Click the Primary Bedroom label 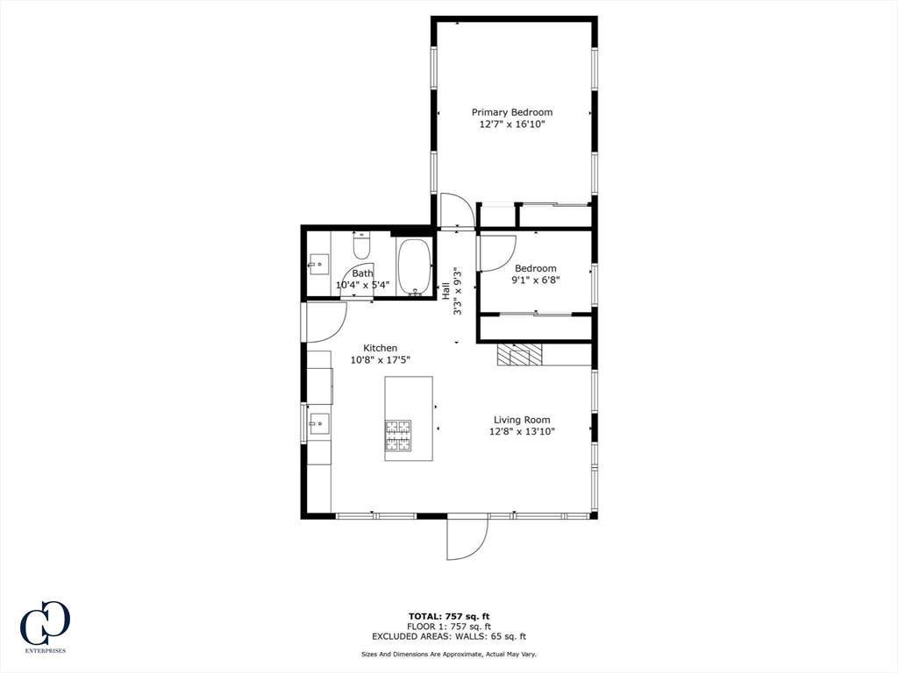coord(512,112)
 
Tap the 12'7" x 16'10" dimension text coord(512,124)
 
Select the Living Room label coord(522,420)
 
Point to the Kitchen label coord(381,348)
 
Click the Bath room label coord(362,273)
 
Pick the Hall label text coord(445,291)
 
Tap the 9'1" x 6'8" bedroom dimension coord(536,280)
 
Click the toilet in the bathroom coord(361,245)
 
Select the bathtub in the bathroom coord(415,266)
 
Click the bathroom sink coord(319,265)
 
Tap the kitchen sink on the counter coord(319,424)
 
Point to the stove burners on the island coord(397,435)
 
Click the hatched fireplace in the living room coord(519,354)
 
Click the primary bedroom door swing coord(456,210)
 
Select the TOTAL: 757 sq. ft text coord(449,616)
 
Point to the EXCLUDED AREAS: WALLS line coord(449,636)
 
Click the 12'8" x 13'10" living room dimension coord(522,431)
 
